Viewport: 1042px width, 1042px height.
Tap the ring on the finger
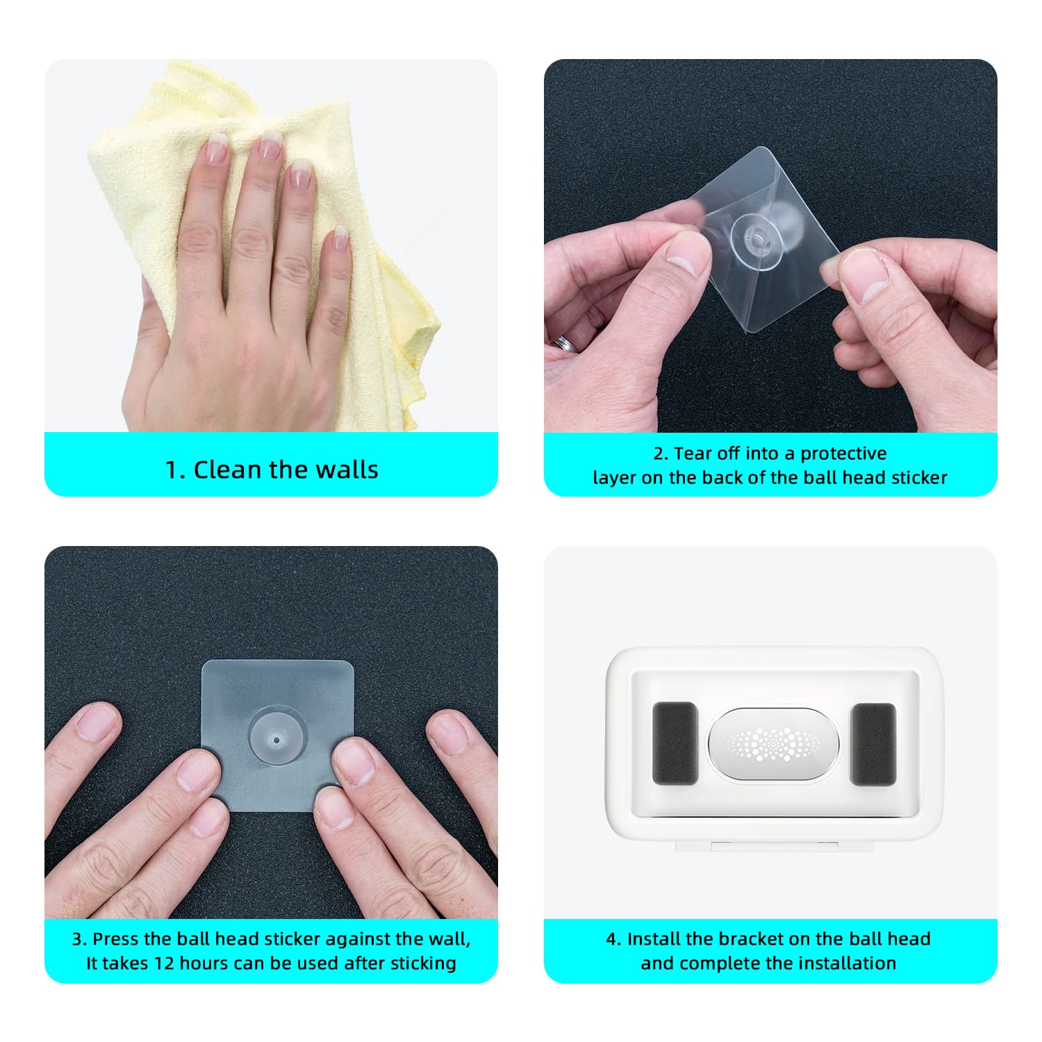[x=567, y=343]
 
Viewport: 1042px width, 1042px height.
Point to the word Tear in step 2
[x=693, y=454]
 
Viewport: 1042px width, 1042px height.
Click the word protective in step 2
[x=843, y=454]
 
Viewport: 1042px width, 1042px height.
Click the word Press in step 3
[x=112, y=939]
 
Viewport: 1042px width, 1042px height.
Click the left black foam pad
[x=675, y=743]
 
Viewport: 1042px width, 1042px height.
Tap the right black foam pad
[x=873, y=744]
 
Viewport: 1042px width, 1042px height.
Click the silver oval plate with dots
[x=773, y=744]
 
